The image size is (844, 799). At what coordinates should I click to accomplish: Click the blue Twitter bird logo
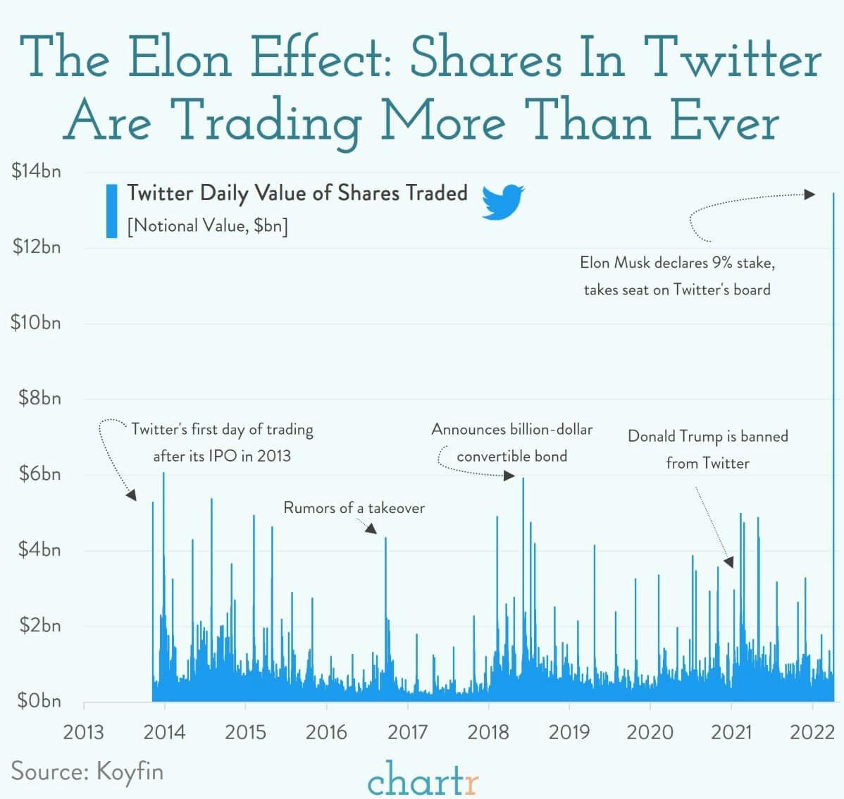[x=503, y=203]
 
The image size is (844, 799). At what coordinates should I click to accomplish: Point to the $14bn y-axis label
[x=36, y=171]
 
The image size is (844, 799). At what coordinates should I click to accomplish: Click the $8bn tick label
[x=39, y=398]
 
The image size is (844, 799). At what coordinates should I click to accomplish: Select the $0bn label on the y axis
[x=39, y=701]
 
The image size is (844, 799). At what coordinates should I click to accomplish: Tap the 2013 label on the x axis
[x=84, y=732]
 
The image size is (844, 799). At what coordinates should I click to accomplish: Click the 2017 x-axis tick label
[x=407, y=732]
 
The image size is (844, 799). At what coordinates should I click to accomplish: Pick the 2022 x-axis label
[x=812, y=732]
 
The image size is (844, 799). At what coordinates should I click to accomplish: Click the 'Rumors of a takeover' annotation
[x=354, y=508]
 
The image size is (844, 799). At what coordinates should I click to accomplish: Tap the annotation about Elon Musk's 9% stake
[x=677, y=275]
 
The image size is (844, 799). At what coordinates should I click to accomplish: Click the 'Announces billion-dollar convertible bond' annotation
[x=512, y=442]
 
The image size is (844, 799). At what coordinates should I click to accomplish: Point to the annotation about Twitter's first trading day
[x=222, y=442]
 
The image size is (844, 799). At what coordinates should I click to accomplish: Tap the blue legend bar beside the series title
[x=111, y=211]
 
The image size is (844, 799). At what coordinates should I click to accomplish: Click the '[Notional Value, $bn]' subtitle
[x=207, y=225]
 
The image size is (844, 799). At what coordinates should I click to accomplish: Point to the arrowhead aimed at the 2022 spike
[x=810, y=194]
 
